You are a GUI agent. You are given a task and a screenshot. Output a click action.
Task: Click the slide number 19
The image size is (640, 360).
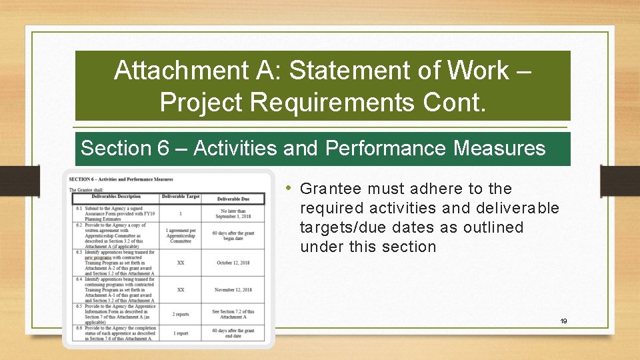(563, 321)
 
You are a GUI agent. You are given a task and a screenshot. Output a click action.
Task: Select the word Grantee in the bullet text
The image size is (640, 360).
(331, 189)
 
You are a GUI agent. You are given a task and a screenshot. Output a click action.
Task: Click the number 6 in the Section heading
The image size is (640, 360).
(163, 148)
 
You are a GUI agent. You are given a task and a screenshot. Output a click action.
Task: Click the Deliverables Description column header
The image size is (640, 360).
(116, 197)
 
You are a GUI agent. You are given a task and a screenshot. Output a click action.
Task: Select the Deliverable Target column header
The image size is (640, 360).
(180, 197)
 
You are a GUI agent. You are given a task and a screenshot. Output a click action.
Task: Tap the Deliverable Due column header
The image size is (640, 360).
(233, 198)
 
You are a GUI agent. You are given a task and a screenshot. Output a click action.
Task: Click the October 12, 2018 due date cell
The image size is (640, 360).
(233, 263)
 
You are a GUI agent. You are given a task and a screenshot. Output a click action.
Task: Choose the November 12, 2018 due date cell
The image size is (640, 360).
(233, 290)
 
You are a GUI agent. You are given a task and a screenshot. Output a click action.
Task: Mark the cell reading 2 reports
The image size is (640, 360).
(180, 313)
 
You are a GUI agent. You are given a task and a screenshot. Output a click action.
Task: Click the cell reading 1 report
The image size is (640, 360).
(180, 333)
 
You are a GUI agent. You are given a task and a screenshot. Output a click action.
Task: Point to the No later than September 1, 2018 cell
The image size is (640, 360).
(233, 214)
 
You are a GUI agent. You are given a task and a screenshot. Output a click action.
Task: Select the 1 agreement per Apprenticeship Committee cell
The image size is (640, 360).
(180, 236)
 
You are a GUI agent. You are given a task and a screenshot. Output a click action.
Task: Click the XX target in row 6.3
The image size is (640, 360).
(180, 263)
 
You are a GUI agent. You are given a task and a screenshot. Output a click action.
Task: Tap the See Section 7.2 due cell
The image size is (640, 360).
(233, 314)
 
